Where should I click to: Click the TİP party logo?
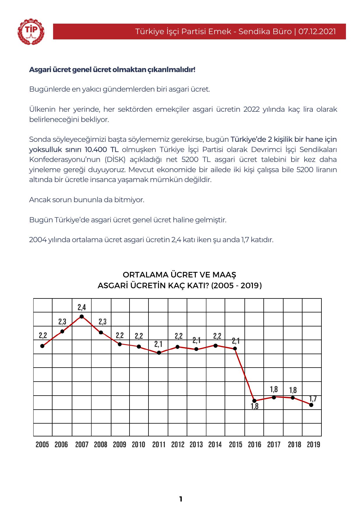(x=31, y=32)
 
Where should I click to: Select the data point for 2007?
(x=82, y=317)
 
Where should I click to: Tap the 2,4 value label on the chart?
(x=82, y=307)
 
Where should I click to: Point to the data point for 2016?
(x=254, y=401)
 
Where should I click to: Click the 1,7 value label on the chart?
(x=313, y=399)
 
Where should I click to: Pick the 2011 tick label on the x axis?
(x=159, y=445)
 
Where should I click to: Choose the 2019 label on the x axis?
(x=314, y=445)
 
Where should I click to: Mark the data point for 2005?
(x=42, y=346)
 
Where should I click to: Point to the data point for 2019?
(x=311, y=405)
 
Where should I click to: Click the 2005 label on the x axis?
(x=42, y=445)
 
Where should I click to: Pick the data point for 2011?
(x=159, y=353)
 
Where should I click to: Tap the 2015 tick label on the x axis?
(x=235, y=445)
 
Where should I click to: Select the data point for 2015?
(x=235, y=349)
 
